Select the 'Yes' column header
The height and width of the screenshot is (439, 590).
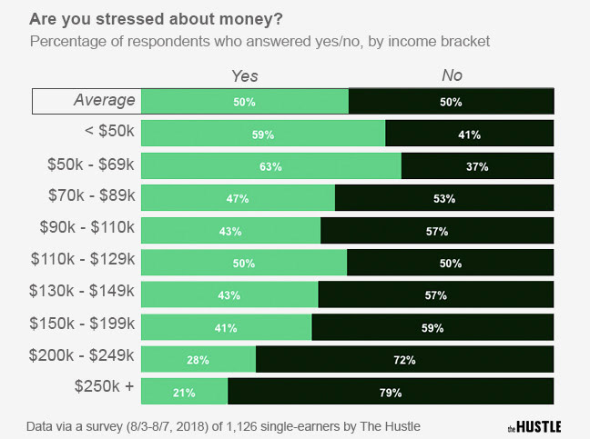(x=246, y=76)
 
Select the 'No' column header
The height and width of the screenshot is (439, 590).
(x=451, y=76)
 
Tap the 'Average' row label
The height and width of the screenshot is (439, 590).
(x=104, y=100)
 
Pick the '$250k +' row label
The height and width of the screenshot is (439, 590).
(x=104, y=386)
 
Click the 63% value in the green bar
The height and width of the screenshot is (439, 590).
(x=270, y=166)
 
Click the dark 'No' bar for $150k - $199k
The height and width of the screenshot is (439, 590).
(x=432, y=327)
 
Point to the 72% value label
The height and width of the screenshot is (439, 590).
(x=405, y=359)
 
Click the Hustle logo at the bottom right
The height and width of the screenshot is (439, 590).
(x=534, y=425)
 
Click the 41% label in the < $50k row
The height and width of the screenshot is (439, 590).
(x=470, y=135)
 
